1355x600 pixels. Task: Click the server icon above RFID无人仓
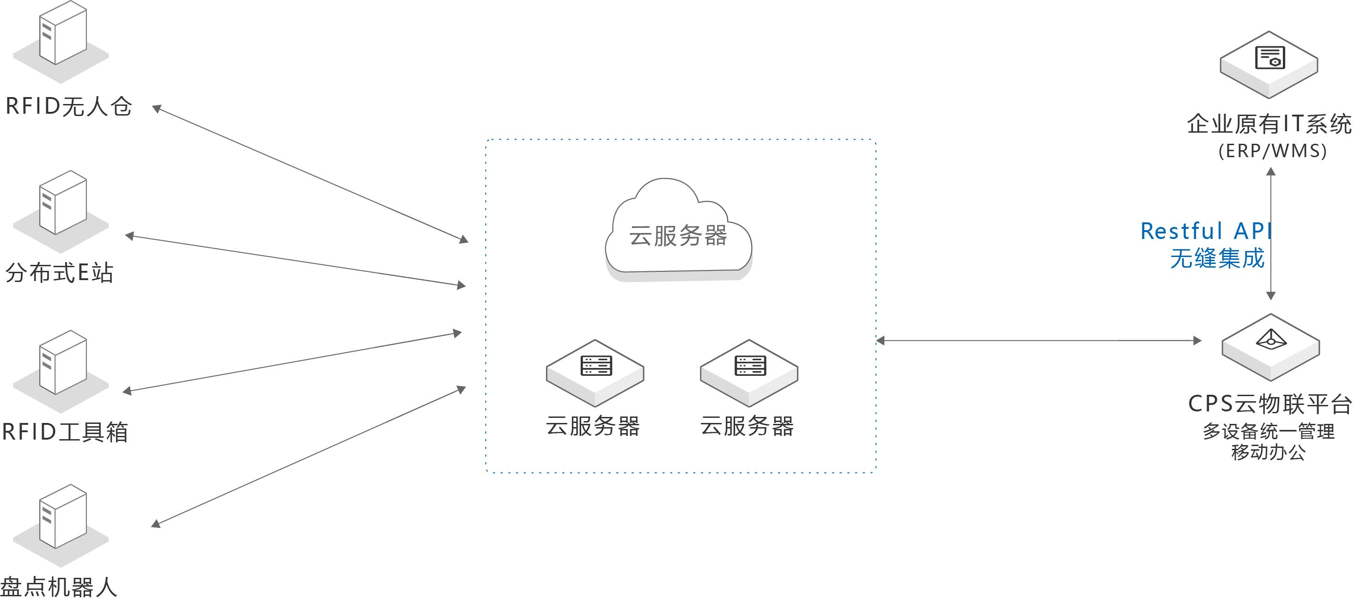(62, 37)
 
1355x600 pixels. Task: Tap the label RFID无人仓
(68, 106)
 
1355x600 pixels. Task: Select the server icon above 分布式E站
(62, 206)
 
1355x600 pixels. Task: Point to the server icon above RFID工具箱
(62, 366)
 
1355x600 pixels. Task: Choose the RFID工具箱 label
(65, 432)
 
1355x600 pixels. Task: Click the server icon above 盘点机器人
(62, 520)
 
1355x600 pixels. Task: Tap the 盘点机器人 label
(58, 587)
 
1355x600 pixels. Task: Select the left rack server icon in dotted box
(595, 371)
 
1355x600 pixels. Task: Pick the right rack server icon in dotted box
(749, 371)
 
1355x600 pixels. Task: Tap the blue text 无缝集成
(1217, 259)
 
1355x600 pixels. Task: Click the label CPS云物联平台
(1270, 404)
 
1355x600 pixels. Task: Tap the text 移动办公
(1268, 452)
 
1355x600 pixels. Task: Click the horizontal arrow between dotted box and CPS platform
(1039, 341)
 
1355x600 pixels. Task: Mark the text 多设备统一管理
(1268, 432)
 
